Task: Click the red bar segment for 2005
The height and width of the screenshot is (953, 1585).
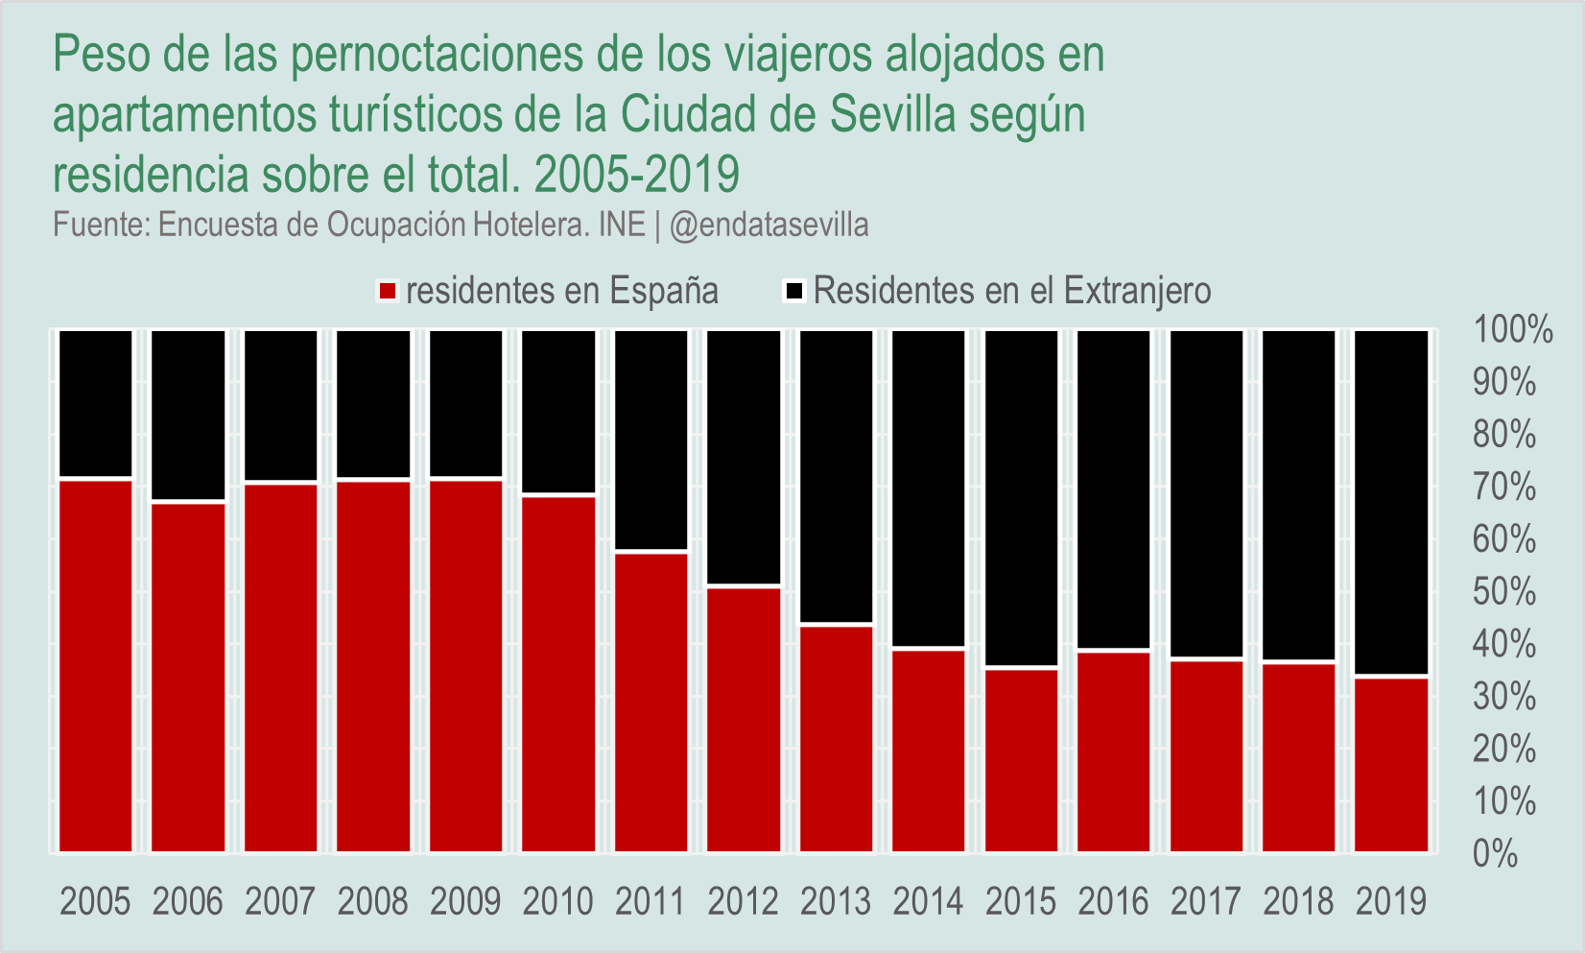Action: click(x=96, y=665)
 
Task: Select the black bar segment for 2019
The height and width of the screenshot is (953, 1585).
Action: click(x=1391, y=502)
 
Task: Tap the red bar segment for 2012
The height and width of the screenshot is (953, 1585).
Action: click(x=744, y=719)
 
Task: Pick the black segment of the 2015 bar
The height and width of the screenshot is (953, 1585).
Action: click(x=1021, y=497)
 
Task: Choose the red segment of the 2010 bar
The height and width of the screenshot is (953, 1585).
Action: click(x=558, y=673)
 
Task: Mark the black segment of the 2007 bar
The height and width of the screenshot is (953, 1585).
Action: click(x=281, y=405)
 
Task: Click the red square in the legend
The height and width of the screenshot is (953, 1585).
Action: click(x=388, y=292)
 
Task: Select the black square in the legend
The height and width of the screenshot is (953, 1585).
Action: click(x=794, y=291)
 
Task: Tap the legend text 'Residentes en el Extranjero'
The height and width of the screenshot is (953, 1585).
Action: click(x=1012, y=291)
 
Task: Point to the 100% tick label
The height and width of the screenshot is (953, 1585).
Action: click(x=1513, y=330)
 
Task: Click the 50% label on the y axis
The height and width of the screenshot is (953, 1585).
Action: click(x=1504, y=592)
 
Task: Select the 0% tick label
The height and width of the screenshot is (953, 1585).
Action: click(x=1495, y=853)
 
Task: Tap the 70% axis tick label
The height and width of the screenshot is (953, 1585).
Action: click(x=1504, y=488)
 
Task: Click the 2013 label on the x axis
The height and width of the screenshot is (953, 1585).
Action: click(x=836, y=902)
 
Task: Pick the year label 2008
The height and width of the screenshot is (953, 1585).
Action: click(x=373, y=902)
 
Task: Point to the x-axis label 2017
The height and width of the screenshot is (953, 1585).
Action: click(x=1206, y=902)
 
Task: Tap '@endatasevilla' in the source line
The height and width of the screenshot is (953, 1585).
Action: click(x=769, y=226)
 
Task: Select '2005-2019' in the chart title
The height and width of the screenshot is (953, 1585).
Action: click(x=637, y=175)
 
